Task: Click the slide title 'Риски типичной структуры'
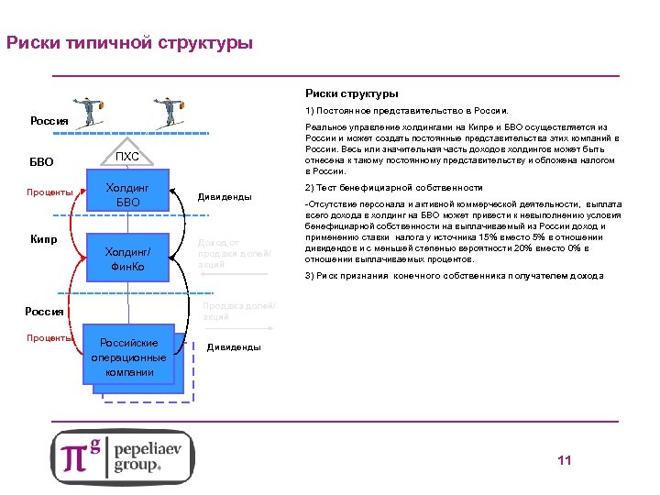(129, 43)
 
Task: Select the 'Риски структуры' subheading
(351, 93)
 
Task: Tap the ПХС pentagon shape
(129, 157)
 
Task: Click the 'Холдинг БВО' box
(128, 195)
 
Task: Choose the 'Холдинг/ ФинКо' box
(128, 259)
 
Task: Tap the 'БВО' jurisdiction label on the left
(42, 162)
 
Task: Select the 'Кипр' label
(43, 240)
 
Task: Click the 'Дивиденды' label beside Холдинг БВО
(224, 196)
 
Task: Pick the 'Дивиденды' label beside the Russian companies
(233, 347)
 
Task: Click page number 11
(564, 460)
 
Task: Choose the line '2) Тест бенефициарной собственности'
(393, 187)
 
